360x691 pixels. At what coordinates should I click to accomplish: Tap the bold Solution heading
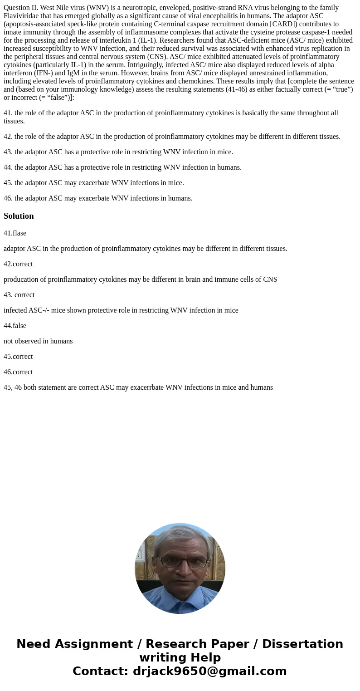19,216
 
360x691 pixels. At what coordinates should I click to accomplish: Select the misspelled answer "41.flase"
15,233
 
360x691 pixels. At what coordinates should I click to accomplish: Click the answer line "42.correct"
18,264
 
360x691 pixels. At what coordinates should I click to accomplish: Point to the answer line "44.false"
15,326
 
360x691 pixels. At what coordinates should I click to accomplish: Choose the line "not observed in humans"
38,341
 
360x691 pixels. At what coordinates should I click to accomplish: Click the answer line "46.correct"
18,372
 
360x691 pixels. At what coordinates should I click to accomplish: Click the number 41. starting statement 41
8,113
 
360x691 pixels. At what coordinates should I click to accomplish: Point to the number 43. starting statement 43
8,152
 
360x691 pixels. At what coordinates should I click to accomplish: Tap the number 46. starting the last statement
8,198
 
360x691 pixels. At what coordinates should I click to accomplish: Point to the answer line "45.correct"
18,357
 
